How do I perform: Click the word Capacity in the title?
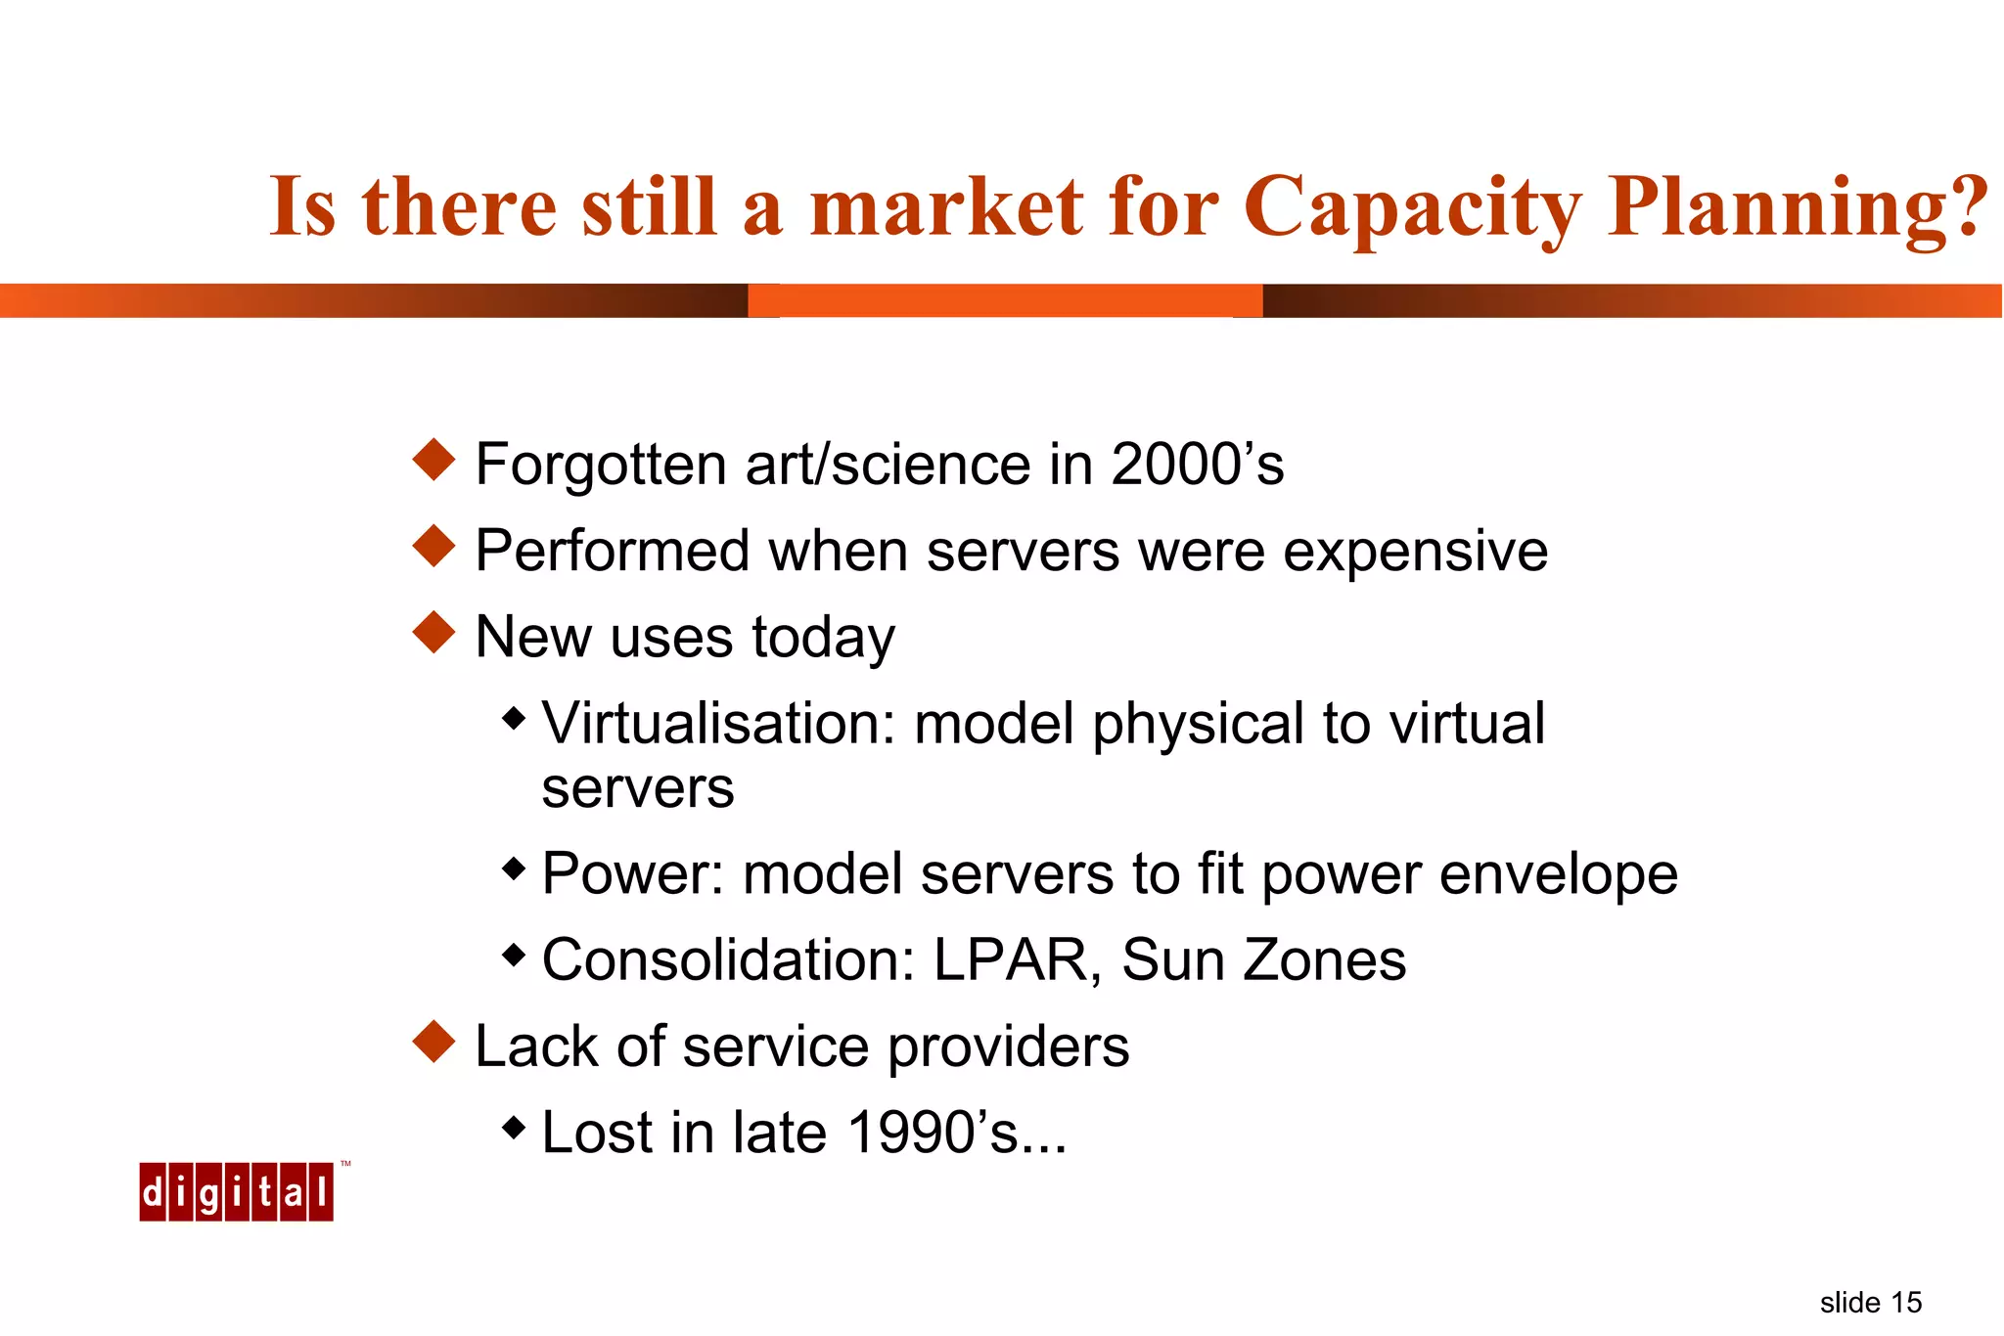tap(1411, 208)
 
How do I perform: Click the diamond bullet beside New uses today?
tap(434, 633)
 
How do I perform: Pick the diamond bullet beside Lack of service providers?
tap(434, 1042)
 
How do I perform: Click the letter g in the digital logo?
tap(208, 1193)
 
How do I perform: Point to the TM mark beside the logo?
tap(345, 1164)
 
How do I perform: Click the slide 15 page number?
tap(1870, 1303)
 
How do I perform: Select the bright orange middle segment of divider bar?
tap(1005, 300)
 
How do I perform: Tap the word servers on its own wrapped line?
tap(637, 789)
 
